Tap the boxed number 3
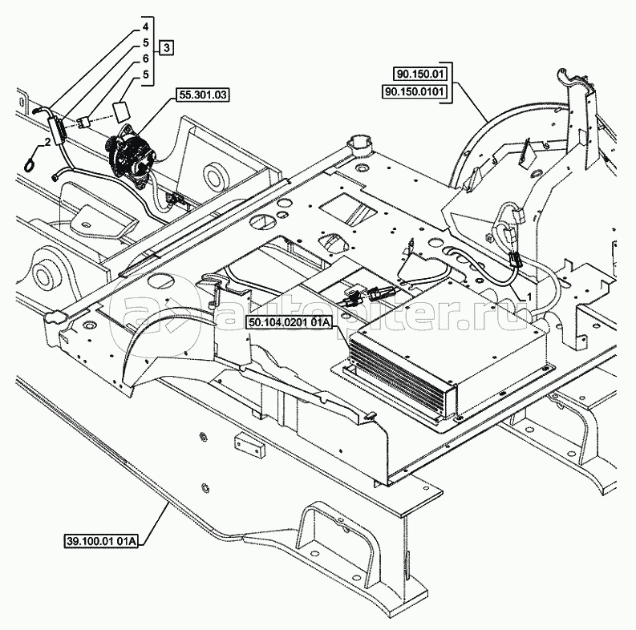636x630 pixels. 166,49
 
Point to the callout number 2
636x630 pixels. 48,141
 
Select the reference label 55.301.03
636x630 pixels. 202,95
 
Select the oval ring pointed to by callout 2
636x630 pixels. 30,163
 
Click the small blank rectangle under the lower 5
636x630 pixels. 122,109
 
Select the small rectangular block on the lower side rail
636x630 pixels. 244,442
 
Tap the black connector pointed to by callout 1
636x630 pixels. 512,257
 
